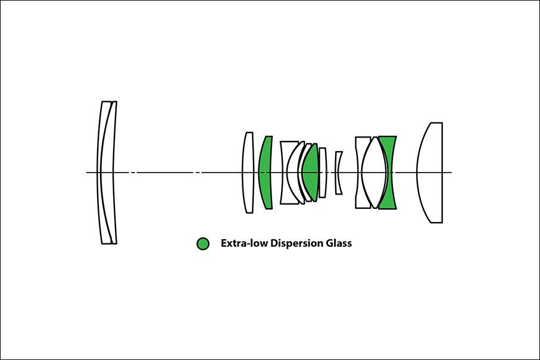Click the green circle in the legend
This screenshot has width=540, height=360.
click(x=203, y=243)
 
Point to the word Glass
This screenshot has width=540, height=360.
click(x=339, y=243)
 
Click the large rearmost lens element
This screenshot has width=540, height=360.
click(x=430, y=173)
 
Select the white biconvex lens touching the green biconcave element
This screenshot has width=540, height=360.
click(x=374, y=173)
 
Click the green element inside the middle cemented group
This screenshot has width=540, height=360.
click(x=311, y=173)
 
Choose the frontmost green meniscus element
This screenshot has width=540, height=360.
click(x=265, y=173)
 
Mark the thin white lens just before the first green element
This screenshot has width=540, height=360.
click(x=248, y=173)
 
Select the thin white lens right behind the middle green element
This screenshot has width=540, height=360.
click(x=323, y=173)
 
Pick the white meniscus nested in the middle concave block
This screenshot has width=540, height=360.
click(x=292, y=173)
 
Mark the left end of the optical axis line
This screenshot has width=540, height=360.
click(x=86, y=173)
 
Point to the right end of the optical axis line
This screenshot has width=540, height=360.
click(x=452, y=173)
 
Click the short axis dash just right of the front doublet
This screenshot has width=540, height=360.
click(x=133, y=173)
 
